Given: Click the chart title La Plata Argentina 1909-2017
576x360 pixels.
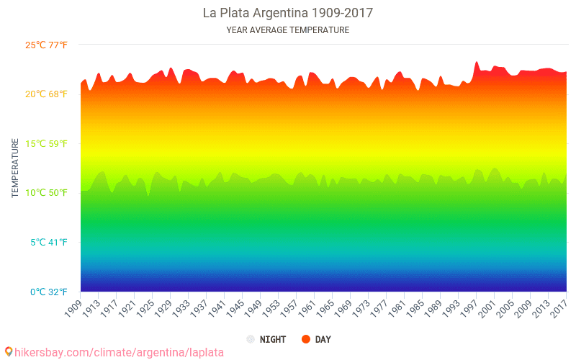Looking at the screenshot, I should (x=287, y=13).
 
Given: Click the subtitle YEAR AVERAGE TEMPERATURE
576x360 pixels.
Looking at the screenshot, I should (x=287, y=30).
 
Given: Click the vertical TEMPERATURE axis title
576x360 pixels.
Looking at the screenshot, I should (x=15, y=168).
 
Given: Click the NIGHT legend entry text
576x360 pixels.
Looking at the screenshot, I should (x=273, y=339).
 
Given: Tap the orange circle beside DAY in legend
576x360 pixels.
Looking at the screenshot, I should (x=305, y=339).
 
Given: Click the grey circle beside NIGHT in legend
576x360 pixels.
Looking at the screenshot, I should (x=250, y=339).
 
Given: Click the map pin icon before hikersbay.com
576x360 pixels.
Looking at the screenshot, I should (x=9, y=351).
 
